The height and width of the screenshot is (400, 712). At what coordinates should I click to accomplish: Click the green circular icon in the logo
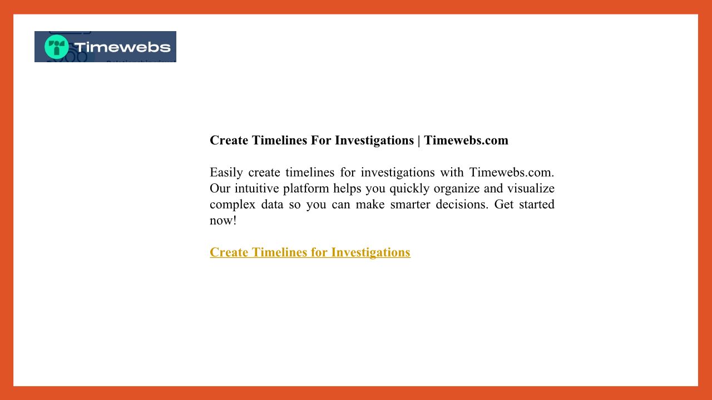(x=57, y=47)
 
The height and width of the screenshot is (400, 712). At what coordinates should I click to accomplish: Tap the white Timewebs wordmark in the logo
(x=122, y=47)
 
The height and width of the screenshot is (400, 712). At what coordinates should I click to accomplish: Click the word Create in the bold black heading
(x=229, y=141)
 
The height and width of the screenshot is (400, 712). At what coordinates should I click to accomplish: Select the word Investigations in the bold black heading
(x=374, y=141)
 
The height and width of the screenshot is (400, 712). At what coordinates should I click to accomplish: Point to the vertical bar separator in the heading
(x=419, y=141)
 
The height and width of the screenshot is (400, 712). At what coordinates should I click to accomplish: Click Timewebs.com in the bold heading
(x=466, y=141)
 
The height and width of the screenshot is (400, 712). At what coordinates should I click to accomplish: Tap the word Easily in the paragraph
(x=226, y=173)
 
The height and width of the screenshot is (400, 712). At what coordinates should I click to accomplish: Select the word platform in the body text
(x=306, y=189)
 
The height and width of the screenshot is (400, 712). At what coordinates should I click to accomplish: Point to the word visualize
(x=531, y=188)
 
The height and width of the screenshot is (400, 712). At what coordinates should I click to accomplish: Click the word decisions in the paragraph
(x=462, y=204)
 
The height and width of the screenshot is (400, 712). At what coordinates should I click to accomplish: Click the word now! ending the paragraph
(x=223, y=221)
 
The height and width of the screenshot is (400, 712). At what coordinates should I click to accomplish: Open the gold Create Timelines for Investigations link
(x=310, y=253)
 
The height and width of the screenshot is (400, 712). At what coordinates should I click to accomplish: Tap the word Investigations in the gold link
(x=370, y=253)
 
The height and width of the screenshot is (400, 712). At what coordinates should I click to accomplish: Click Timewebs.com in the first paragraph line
(x=511, y=173)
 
